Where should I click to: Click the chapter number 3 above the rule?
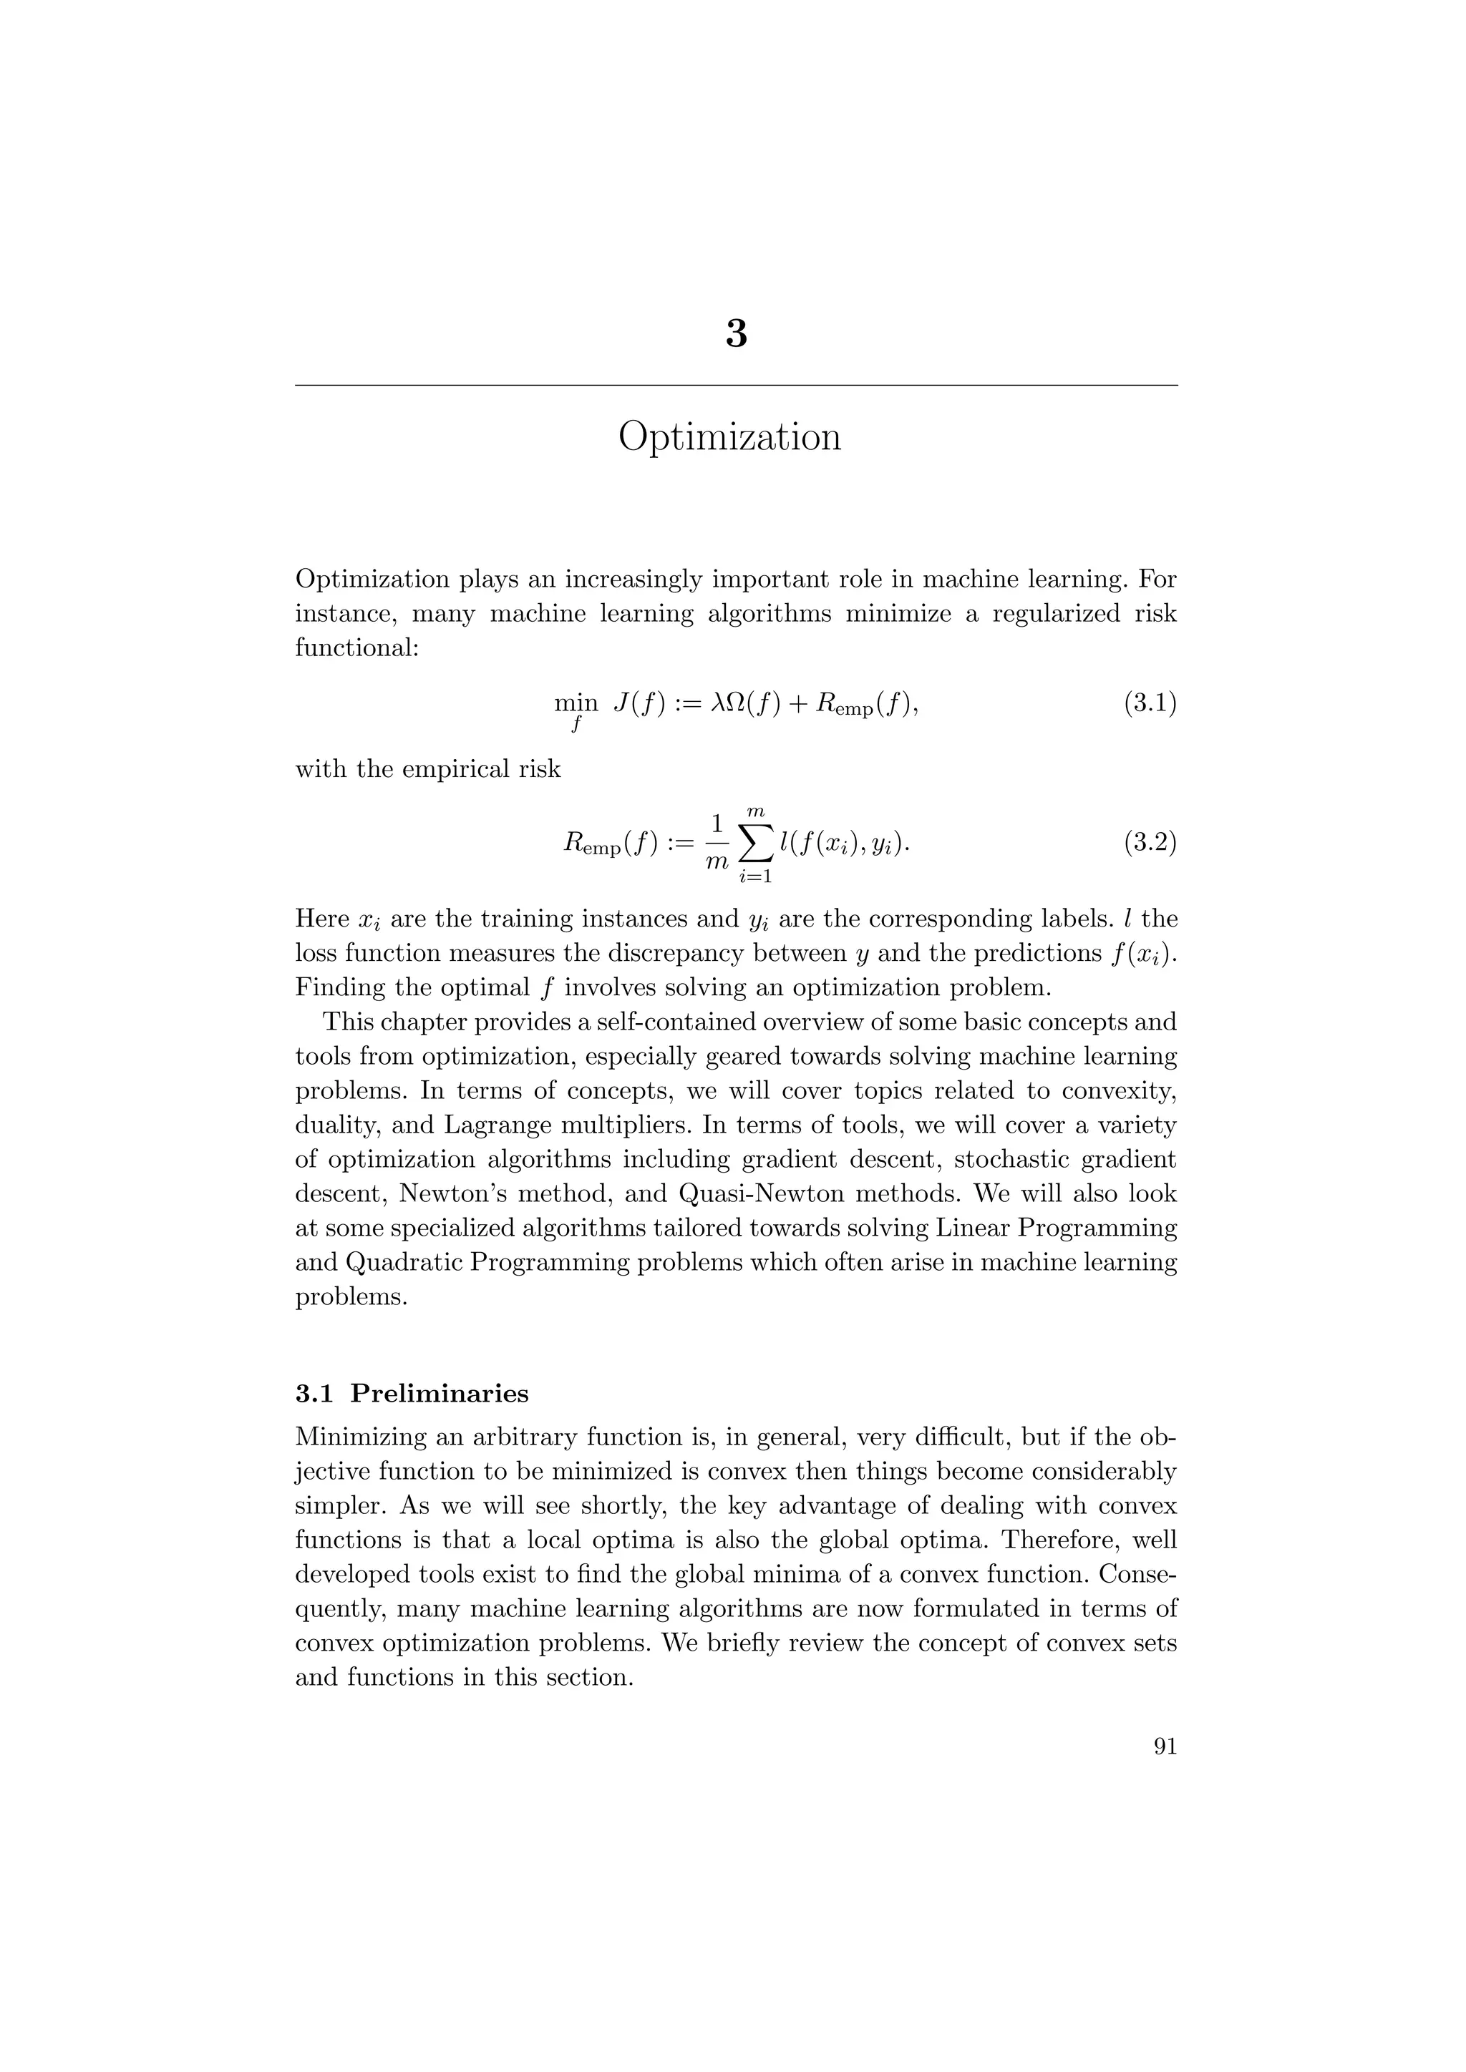point(736,335)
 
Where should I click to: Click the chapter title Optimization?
point(729,438)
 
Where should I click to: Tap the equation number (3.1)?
point(1149,703)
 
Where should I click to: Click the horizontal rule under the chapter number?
point(736,386)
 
